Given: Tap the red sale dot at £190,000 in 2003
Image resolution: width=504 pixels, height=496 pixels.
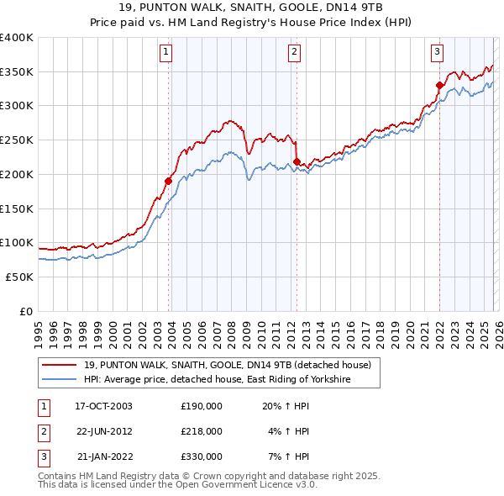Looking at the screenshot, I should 169,181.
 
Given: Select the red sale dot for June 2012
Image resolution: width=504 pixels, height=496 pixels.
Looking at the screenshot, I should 297,161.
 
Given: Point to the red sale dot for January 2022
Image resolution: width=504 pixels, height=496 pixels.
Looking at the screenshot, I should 439,85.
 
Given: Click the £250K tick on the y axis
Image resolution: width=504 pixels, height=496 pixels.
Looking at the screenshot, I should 17,140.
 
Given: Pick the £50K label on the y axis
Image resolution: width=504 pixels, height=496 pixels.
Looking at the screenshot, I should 19,277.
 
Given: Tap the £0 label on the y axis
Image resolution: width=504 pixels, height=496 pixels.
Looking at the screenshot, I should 27,311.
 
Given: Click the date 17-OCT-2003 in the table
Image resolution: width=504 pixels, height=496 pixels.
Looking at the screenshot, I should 104,406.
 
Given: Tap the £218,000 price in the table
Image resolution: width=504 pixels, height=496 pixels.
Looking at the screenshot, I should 202,431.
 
